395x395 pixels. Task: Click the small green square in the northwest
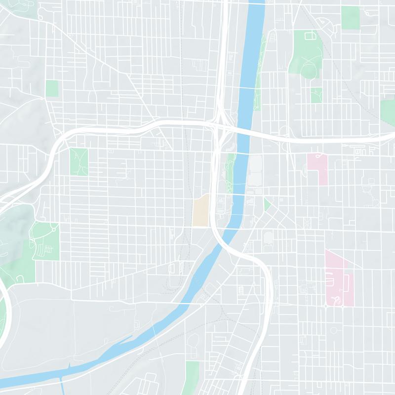coord(52,89)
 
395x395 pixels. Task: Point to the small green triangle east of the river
coord(267,204)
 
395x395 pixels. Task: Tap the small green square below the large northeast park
coord(316,95)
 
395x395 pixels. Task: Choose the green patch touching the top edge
coord(351,17)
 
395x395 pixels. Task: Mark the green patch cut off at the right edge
coord(388,111)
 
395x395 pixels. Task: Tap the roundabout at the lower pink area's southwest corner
coord(326,306)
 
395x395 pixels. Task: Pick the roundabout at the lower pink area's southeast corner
coord(343,306)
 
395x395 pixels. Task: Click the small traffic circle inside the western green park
coord(53,229)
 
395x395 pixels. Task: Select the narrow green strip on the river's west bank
coord(230,173)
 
